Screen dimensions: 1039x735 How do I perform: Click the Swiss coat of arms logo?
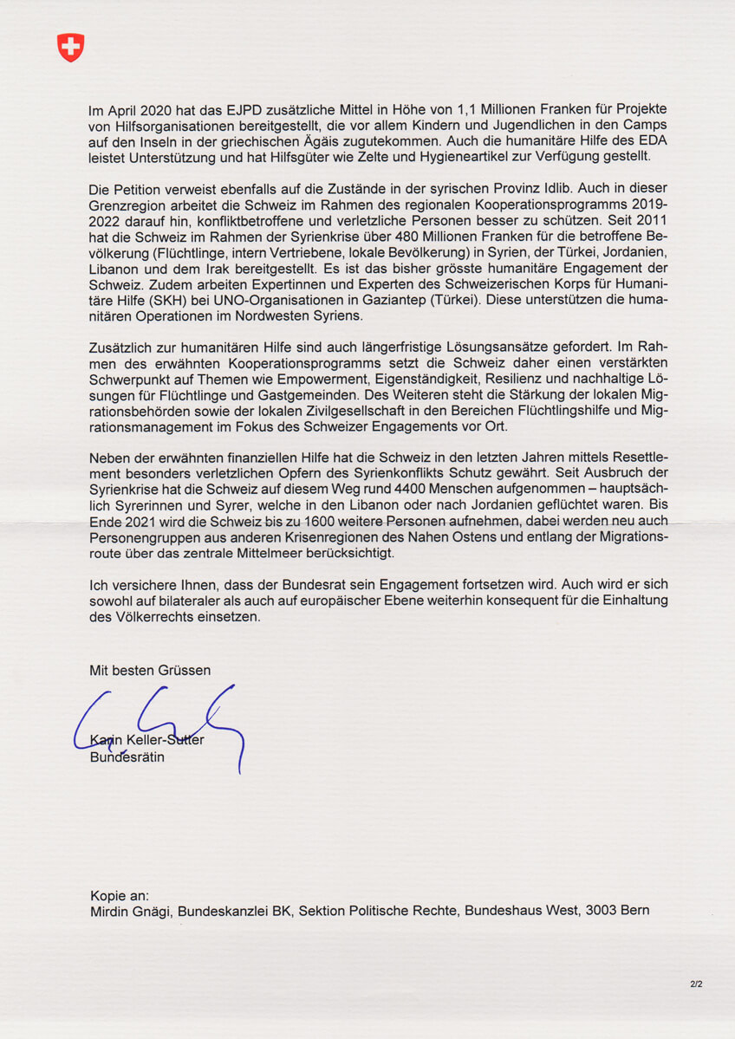70,48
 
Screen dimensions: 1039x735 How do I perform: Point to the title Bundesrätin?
127,757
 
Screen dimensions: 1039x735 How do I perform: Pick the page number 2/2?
697,984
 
